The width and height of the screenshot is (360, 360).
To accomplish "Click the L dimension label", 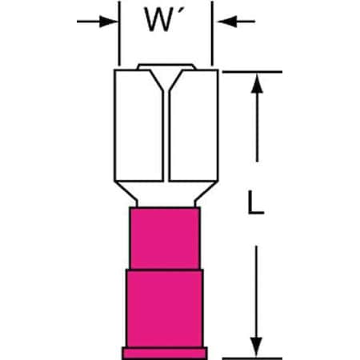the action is point(255,202).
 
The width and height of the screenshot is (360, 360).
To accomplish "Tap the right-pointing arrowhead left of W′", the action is point(108,22).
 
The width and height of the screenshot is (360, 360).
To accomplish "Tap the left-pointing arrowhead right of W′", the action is point(227,22).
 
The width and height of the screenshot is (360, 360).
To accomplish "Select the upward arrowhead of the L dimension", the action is point(257,83).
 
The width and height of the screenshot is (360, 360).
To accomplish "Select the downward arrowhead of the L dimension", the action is point(257,347).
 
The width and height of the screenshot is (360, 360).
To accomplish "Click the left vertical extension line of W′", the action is point(119,34).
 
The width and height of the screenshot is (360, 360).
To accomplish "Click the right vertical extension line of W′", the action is point(212,34).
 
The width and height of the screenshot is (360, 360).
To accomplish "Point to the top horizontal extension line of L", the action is point(252,72).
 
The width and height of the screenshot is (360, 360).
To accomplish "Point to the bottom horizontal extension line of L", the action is point(252,358).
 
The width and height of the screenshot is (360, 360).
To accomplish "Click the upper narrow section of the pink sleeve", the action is point(165,238).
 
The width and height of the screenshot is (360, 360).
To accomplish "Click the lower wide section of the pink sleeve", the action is point(165,308).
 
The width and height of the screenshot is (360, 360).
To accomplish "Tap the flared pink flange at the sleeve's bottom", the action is point(165,353).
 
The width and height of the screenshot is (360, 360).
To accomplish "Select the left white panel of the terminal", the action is point(138,126).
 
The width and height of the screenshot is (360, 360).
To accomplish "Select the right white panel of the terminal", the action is point(194,126).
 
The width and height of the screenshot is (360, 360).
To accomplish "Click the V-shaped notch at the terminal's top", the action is point(166,80).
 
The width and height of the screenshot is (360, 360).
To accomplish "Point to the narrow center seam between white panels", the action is point(166,136).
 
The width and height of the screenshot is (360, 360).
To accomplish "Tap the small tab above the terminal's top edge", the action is point(166,66).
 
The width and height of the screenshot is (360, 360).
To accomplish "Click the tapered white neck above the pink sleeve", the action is point(166,194).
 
